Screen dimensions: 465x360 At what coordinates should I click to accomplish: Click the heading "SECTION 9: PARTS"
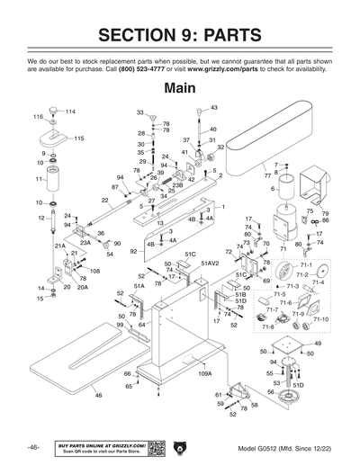pos(179,35)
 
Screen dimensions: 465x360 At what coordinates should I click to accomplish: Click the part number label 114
pos(70,111)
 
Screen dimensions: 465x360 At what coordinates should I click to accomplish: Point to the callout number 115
pos(78,139)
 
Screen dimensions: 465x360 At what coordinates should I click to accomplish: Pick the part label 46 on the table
pos(98,395)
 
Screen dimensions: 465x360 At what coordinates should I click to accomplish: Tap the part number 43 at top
pos(213,108)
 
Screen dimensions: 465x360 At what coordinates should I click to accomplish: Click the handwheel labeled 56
pos(291,393)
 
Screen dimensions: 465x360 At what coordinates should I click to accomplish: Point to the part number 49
pos(317,344)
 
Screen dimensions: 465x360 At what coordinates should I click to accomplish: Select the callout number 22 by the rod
pos(105,201)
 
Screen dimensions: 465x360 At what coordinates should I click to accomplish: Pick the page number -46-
pos(32,447)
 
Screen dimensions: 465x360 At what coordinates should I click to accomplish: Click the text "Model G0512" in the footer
pos(261,448)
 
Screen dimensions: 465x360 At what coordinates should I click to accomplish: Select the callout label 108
pos(94,271)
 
